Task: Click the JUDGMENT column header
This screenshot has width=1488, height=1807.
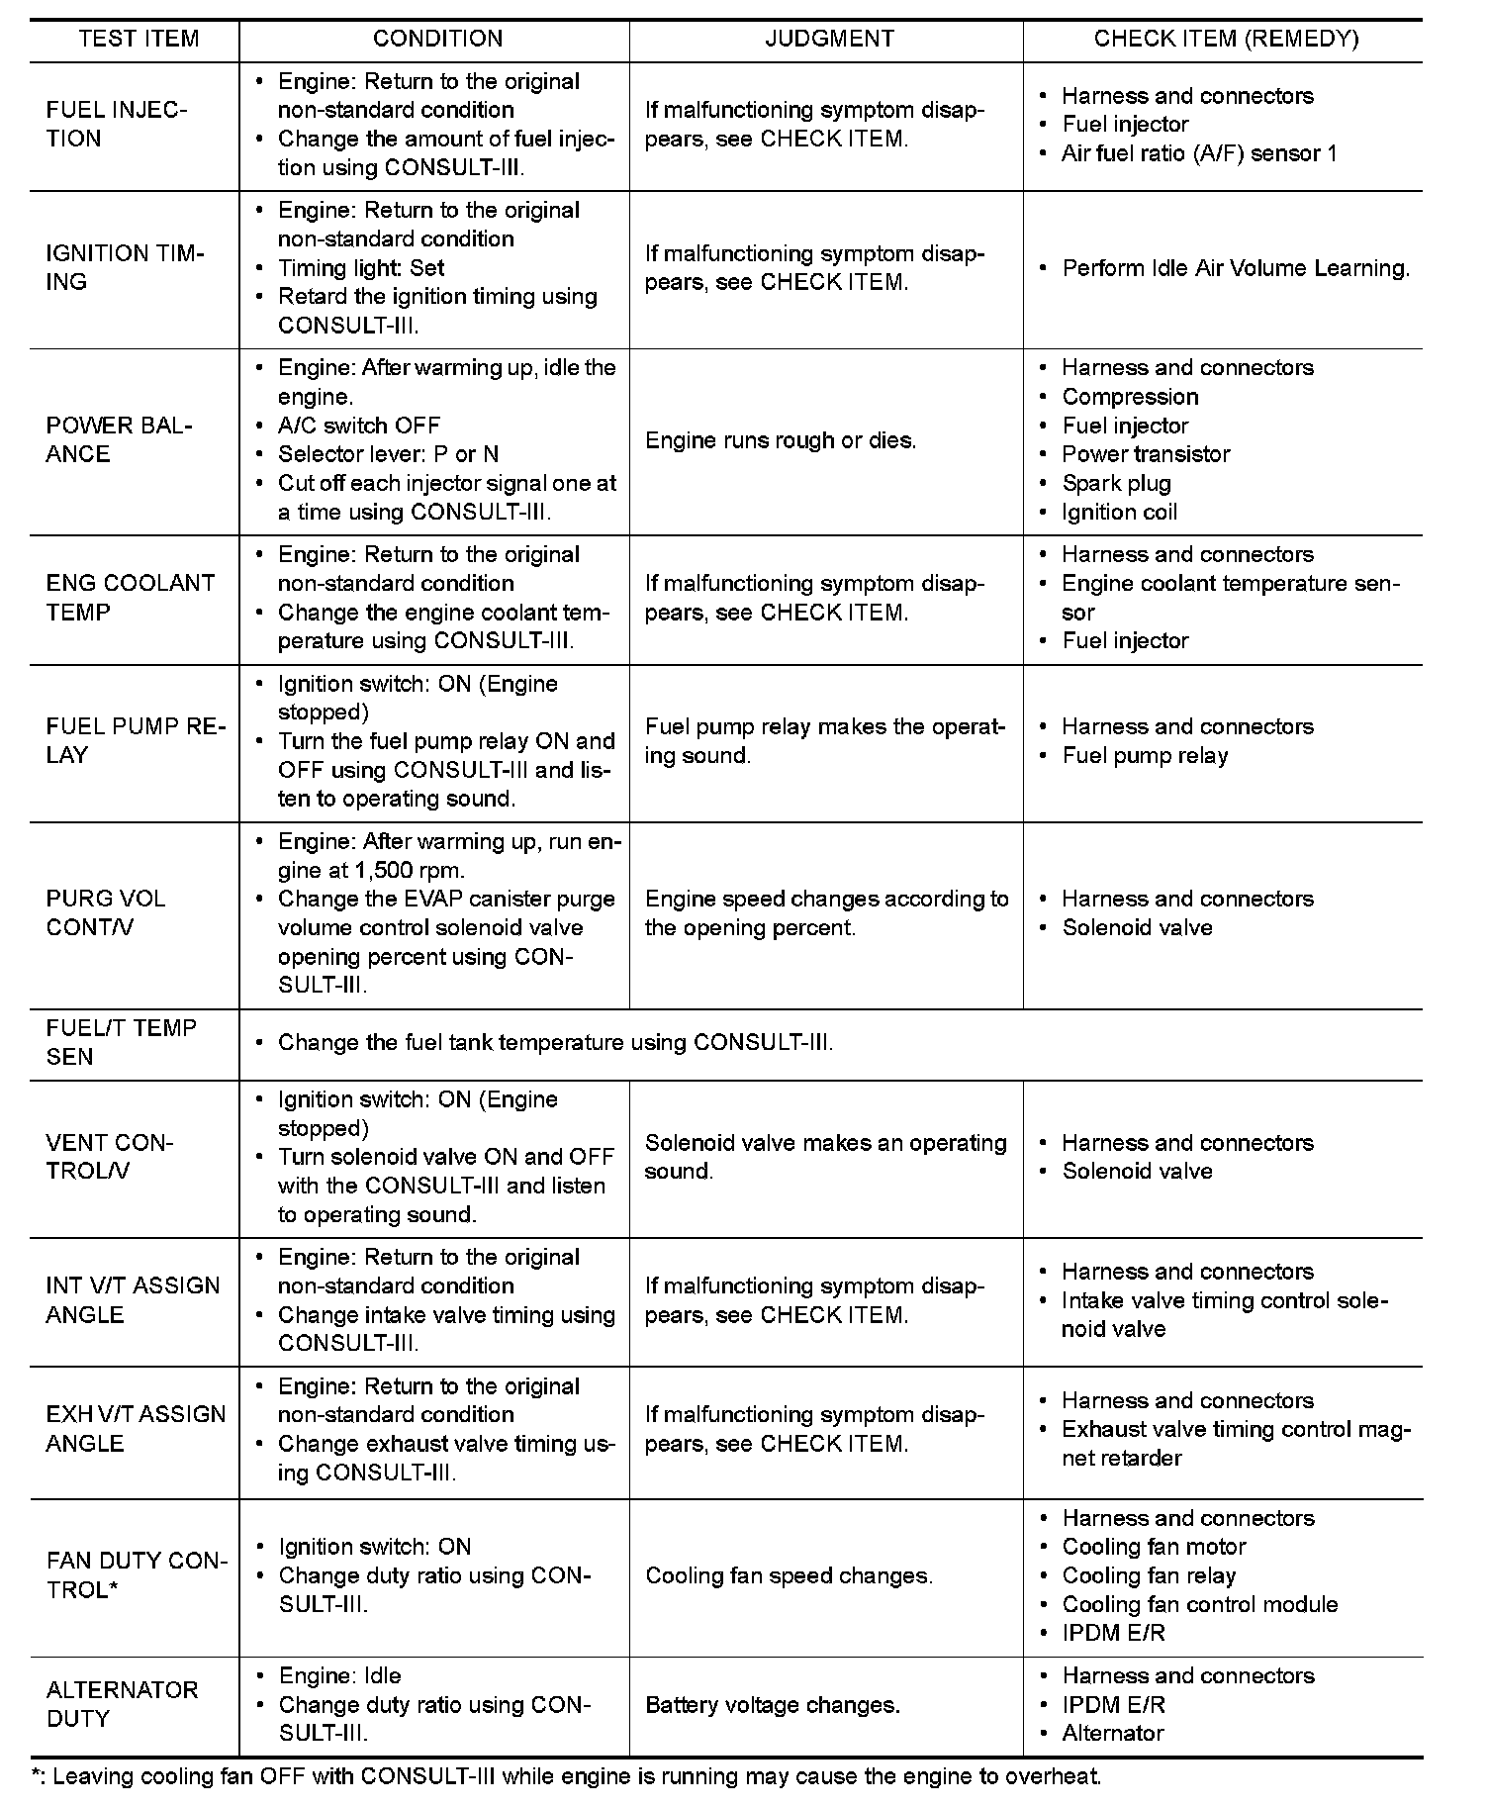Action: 829,39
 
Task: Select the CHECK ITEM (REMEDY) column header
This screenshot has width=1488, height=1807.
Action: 1226,39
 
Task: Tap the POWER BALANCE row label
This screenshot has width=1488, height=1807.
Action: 120,440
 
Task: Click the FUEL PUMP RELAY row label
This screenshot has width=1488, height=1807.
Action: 136,741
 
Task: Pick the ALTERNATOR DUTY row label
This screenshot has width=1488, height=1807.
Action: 122,1704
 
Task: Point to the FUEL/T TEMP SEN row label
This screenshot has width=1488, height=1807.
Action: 121,1042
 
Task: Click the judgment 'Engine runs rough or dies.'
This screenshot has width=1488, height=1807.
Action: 781,440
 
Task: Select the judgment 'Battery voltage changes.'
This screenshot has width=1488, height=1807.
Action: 772,1705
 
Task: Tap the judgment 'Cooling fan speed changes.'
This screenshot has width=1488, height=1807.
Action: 789,1575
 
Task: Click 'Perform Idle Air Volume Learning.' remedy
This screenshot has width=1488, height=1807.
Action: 1236,268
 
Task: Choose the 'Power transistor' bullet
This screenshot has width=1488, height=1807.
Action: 1146,454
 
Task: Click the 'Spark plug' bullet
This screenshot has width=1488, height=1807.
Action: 1116,483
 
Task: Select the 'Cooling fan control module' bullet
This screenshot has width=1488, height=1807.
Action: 1199,1604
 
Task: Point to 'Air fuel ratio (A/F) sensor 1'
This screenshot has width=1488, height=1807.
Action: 1199,153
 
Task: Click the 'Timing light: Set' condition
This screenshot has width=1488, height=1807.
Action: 361,268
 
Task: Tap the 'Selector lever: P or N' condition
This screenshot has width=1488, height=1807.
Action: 388,454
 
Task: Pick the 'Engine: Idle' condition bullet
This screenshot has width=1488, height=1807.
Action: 339,1675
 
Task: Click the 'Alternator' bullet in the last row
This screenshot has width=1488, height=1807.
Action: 1112,1733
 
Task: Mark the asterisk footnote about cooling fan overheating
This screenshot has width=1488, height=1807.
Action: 567,1775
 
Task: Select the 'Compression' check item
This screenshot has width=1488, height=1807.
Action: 1130,397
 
